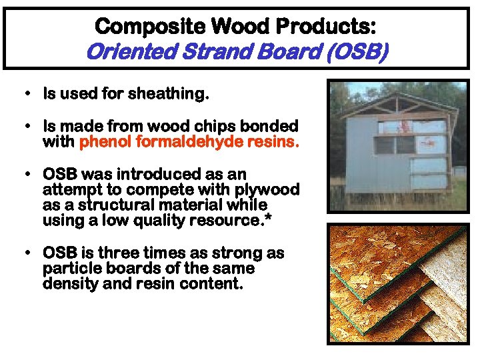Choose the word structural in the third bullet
118,205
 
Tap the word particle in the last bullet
69,268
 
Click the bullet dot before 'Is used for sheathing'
25,94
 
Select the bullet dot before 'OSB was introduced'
25,175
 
